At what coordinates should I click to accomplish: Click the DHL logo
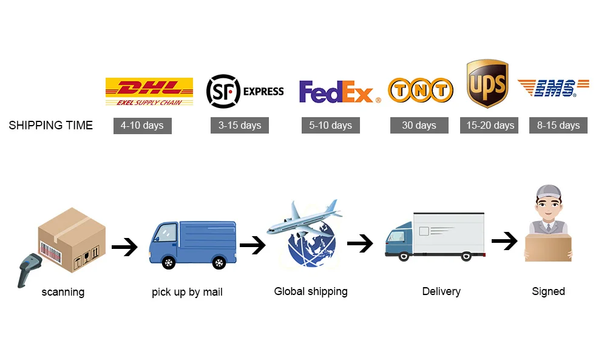pos(149,92)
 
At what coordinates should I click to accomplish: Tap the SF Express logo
pos(245,91)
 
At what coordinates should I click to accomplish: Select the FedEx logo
pos(340,92)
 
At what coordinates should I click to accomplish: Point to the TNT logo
pos(421,90)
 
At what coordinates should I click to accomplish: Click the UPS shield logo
pos(487,83)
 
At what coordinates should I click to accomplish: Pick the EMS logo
pos(553,88)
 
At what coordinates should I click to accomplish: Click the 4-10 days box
pos(143,126)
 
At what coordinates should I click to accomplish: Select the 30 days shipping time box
pos(419,126)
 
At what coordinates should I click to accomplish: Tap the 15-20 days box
pos(489,126)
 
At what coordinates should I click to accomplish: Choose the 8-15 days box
pos(558,126)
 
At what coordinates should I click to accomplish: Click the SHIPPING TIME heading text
pos(51,126)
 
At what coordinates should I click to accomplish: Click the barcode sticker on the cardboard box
pos(51,252)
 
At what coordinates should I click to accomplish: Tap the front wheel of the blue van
pos(168,262)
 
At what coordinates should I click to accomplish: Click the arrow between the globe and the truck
pos(360,243)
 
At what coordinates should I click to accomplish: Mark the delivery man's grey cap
pos(549,192)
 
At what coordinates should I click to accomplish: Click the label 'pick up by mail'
pos(187,292)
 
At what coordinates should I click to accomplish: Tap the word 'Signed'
pos(548,291)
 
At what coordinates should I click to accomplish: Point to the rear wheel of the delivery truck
pos(466,256)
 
